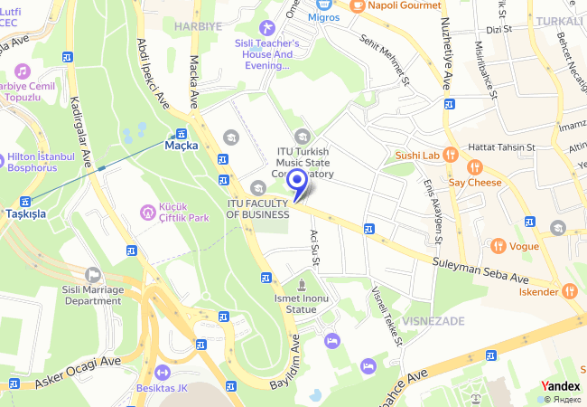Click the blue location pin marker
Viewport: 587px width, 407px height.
298,182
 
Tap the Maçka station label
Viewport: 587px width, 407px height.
182,145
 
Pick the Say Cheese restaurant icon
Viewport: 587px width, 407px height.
473,166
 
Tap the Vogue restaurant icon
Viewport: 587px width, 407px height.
497,245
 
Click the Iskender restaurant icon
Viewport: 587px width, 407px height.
569,291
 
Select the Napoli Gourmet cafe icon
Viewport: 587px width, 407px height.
358,5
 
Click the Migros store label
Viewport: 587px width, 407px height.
323,16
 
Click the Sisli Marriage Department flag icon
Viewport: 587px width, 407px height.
92,273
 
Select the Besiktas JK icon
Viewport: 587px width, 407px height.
162,372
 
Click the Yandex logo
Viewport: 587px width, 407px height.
560,386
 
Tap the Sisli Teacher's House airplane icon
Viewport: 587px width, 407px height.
266,29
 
